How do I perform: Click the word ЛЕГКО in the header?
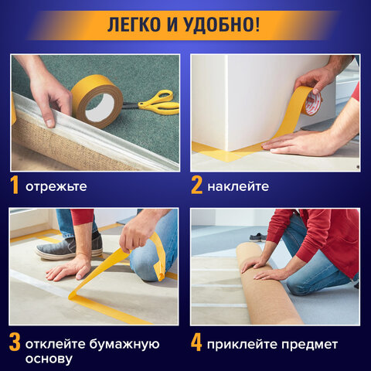[x=137, y=24]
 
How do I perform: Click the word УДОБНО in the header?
[x=220, y=24]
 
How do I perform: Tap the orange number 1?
[x=15, y=186]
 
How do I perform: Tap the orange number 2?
[x=198, y=186]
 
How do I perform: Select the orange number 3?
[x=15, y=341]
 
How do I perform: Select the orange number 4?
[x=198, y=341]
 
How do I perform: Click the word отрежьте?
[x=56, y=187]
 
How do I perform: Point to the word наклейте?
[x=238, y=187]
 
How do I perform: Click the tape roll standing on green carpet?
[x=96, y=98]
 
